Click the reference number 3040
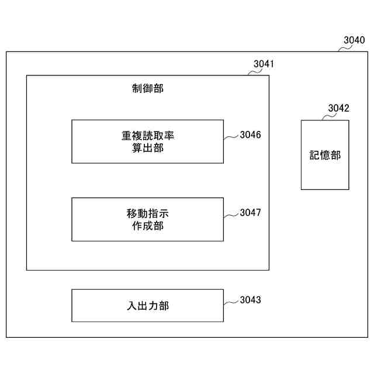point(354,40)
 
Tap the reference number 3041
point(264,64)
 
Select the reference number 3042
point(338,108)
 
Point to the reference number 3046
point(250,134)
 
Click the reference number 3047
point(250,212)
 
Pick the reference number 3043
point(250,300)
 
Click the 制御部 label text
point(148,88)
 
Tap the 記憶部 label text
point(325,155)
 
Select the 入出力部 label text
point(148,305)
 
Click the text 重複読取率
point(148,136)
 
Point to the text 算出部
point(148,148)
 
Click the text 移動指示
point(148,213)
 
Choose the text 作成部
point(148,226)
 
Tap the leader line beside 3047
point(231,214)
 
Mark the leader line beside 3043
point(231,302)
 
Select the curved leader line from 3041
point(255,72)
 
